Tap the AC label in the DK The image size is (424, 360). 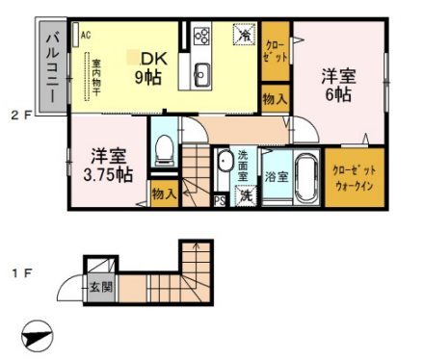86,36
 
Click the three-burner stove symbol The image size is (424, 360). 203,37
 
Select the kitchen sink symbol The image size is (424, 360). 202,72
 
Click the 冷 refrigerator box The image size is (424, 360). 246,35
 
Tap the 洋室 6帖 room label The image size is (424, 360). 339,86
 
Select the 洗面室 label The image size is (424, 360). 243,167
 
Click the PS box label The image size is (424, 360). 220,200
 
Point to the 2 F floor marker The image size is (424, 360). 21,116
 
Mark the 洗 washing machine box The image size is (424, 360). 245,195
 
